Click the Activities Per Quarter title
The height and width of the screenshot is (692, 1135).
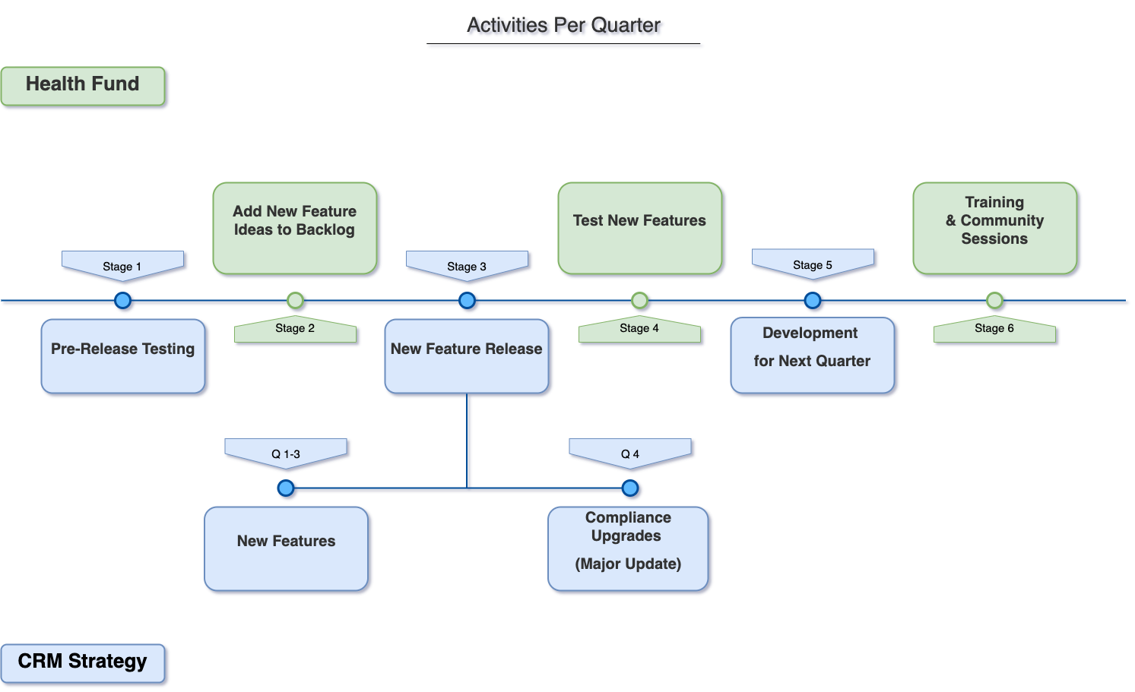[x=565, y=27]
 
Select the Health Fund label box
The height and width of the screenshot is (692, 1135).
[x=83, y=85]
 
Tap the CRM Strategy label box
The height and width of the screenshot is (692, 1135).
[x=83, y=662]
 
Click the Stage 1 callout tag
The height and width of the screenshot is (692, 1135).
[x=122, y=265]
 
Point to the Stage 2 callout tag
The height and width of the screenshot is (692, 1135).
[x=295, y=330]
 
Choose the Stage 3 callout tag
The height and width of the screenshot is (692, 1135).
[x=467, y=265]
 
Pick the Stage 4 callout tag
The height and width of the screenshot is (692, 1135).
[x=639, y=330]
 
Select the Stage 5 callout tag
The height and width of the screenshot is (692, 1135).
[x=813, y=264]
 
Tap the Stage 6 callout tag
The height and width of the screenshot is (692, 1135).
[x=994, y=330]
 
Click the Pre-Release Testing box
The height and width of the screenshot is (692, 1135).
[x=123, y=356]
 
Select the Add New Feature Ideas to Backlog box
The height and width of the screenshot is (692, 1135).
[x=295, y=228]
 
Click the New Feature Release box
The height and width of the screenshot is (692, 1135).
[x=467, y=356]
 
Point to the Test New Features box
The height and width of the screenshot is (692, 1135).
[x=639, y=228]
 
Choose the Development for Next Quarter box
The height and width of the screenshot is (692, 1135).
[x=813, y=355]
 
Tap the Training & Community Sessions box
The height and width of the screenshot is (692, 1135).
[x=994, y=228]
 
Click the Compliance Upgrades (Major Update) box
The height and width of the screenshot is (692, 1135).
[x=629, y=548]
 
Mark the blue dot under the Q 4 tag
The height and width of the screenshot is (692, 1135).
[x=630, y=488]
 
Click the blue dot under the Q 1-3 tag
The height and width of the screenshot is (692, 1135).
[x=286, y=488]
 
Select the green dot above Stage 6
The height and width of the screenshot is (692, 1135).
[x=994, y=301]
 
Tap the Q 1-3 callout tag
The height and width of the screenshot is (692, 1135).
[x=286, y=453]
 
